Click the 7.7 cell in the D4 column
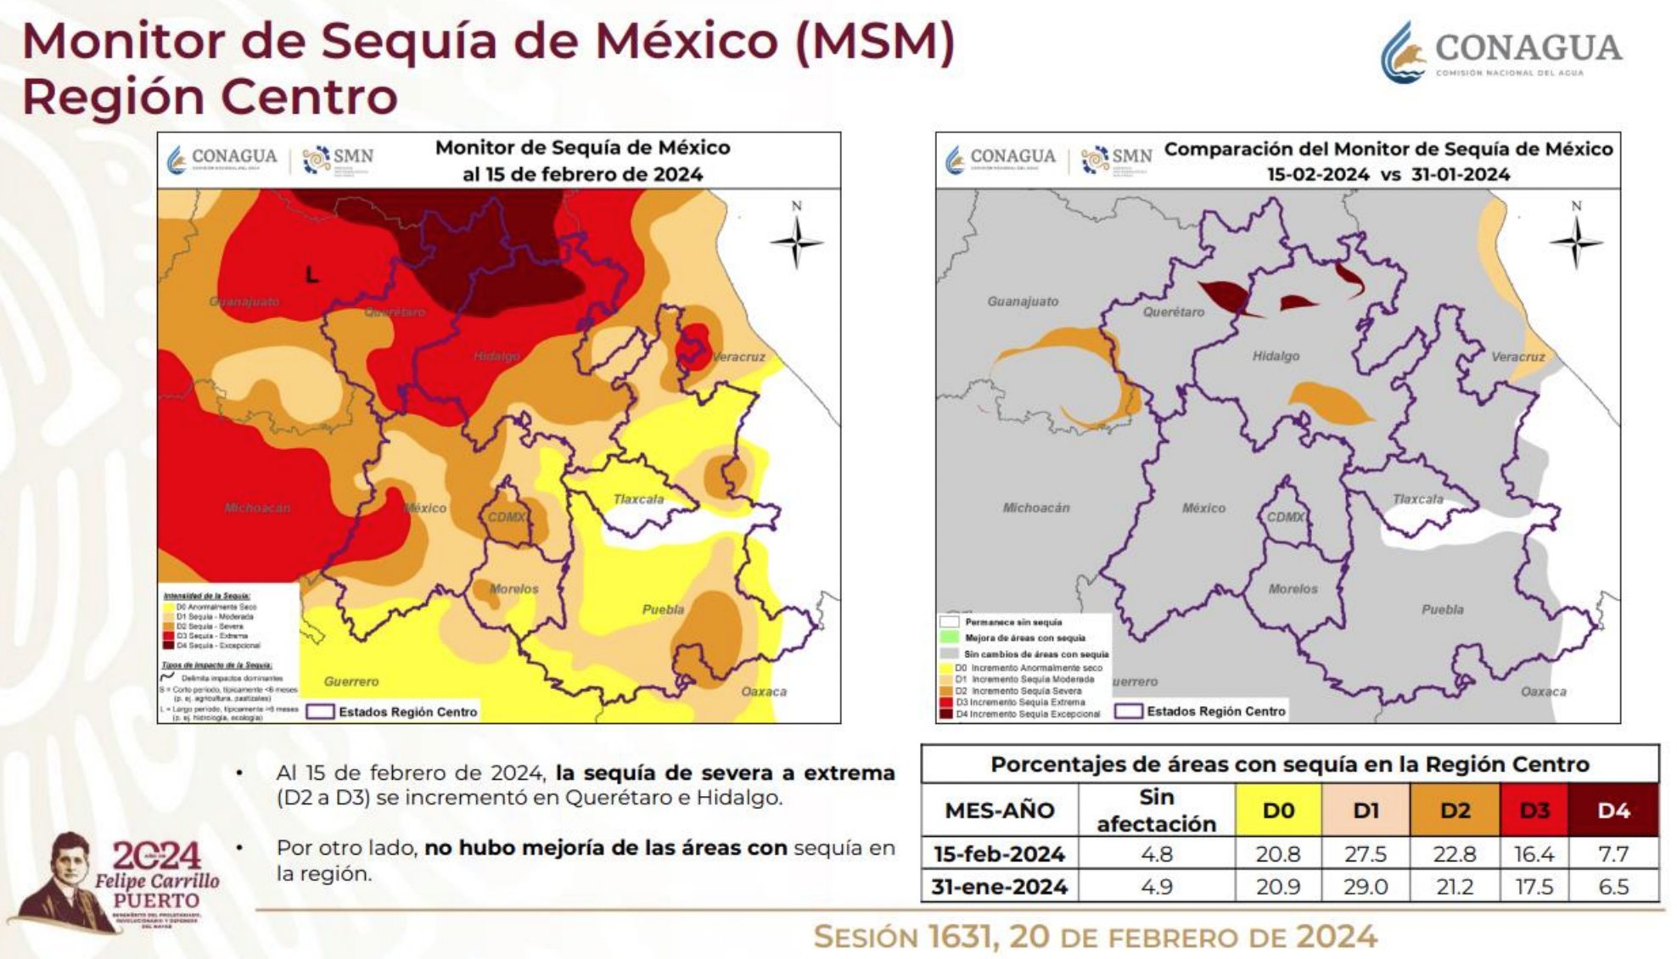pyautogui.click(x=1612, y=854)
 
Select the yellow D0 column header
pyautogui.click(x=1278, y=810)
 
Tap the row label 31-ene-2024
pyautogui.click(x=999, y=887)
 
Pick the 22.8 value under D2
pyautogui.click(x=1455, y=854)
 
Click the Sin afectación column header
pyautogui.click(x=1156, y=810)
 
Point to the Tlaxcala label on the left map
pyautogui.click(x=638, y=499)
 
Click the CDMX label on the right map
pyautogui.click(x=1285, y=517)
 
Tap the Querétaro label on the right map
pyautogui.click(x=1173, y=312)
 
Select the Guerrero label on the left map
pyautogui.click(x=351, y=681)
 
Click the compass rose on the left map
pyautogui.click(x=796, y=242)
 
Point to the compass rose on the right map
pyautogui.click(x=1576, y=242)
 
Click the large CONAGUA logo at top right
pyautogui.click(x=1500, y=51)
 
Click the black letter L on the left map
pyautogui.click(x=311, y=275)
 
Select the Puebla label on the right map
pyautogui.click(x=1442, y=609)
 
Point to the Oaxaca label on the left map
pyautogui.click(x=764, y=692)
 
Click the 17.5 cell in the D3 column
pyautogui.click(x=1534, y=887)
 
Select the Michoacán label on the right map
pyautogui.click(x=1035, y=508)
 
